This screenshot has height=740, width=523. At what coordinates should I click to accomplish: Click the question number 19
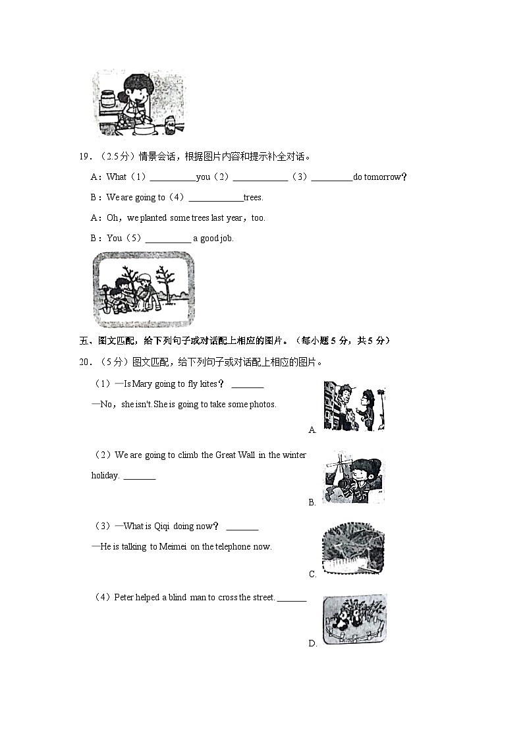click(84, 157)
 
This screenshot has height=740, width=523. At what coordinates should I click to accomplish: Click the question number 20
click(84, 362)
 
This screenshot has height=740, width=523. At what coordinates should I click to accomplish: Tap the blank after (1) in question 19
click(173, 177)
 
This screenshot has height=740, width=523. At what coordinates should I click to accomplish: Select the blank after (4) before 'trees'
click(215, 198)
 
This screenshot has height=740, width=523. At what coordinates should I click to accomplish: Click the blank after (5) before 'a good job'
click(167, 239)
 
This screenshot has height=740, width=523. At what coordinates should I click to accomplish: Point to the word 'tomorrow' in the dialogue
click(383, 177)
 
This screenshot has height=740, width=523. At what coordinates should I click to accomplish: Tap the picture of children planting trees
click(144, 289)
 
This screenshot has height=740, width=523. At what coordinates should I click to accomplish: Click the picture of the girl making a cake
click(139, 104)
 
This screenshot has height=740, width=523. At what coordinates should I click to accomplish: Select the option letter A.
click(312, 430)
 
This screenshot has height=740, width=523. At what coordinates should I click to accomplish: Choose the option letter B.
click(312, 503)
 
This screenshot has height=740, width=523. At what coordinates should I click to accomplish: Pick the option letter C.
click(312, 575)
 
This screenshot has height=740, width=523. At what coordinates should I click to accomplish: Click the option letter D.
click(312, 644)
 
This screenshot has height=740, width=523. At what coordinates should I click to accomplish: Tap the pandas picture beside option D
click(354, 619)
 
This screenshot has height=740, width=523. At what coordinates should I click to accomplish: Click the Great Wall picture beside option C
click(353, 548)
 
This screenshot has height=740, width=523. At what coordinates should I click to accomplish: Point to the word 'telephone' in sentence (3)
click(233, 546)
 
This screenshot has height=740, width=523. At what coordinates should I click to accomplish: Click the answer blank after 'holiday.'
click(139, 476)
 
